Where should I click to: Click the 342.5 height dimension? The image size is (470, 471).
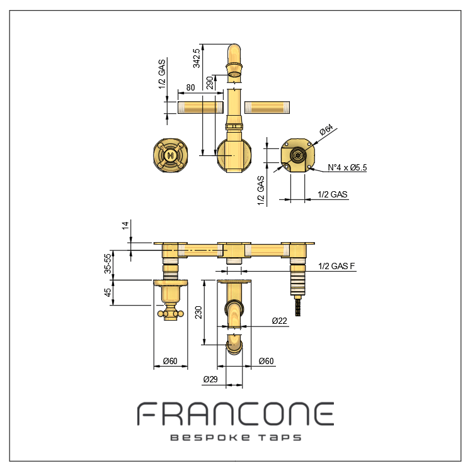(196, 58)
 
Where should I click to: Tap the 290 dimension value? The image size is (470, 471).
(210, 82)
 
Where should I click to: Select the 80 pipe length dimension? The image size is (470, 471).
(190, 87)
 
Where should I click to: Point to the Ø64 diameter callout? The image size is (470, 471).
(326, 130)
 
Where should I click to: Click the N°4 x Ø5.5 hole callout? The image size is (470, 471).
(347, 167)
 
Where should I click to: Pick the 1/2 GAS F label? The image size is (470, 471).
(336, 266)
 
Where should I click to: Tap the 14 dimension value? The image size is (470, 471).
(125, 225)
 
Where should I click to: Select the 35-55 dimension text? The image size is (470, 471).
(108, 263)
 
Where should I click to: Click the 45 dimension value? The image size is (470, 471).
(108, 292)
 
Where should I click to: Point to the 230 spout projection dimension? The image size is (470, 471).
(198, 313)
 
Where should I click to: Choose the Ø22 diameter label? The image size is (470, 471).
(280, 321)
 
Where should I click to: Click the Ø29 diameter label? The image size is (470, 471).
(210, 379)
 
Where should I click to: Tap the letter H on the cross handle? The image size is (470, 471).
(170, 155)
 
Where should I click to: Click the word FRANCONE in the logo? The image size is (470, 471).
(236, 414)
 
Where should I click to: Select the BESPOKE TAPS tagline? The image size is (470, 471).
(236, 438)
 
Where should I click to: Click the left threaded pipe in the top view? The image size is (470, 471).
(200, 108)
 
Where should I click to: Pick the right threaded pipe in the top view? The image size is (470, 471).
(267, 108)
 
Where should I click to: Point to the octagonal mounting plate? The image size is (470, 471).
(297, 155)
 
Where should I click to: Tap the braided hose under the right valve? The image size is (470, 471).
(298, 306)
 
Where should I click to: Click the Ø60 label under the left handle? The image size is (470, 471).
(170, 361)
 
